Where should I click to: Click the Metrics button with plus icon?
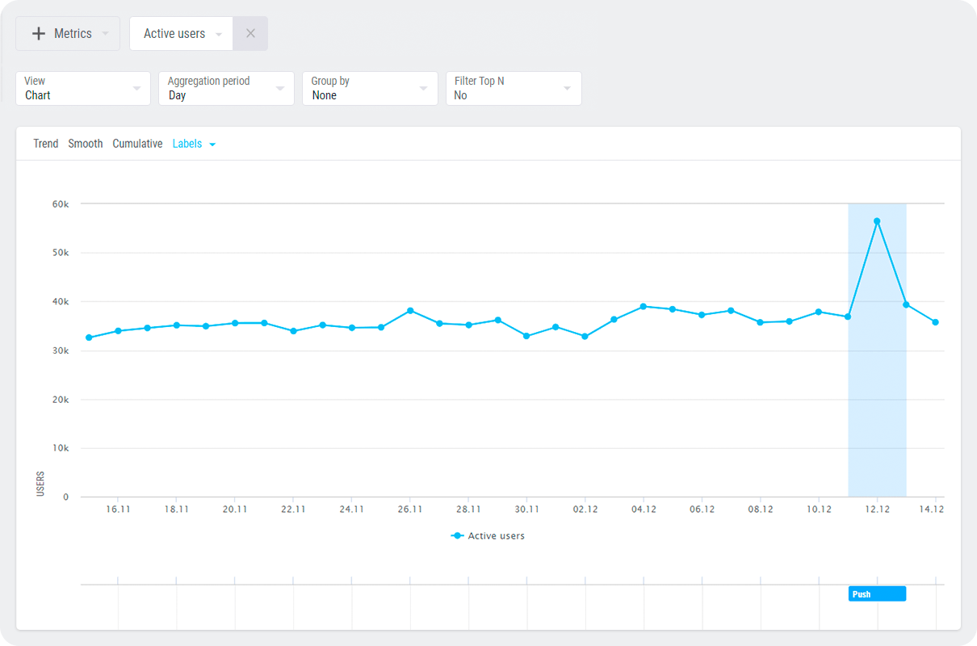tap(68, 34)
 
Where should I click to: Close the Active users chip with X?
tap(250, 34)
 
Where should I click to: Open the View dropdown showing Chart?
tap(83, 88)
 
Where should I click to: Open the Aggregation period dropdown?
tap(226, 88)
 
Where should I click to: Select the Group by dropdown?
tap(370, 88)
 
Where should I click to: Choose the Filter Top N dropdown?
tap(514, 88)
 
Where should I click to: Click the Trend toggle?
tap(46, 144)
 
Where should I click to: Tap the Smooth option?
tap(86, 144)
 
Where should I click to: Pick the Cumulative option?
tap(137, 144)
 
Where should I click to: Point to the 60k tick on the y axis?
tap(61, 204)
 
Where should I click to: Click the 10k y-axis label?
tap(61, 448)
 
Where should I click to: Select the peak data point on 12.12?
tap(877, 220)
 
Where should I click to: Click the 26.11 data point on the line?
tap(410, 310)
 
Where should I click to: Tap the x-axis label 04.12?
tap(644, 510)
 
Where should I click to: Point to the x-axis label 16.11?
tap(118, 510)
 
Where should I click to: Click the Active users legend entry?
tap(488, 535)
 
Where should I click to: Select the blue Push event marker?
tap(877, 594)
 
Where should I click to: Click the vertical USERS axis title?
tap(40, 483)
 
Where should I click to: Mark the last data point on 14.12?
tap(935, 322)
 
